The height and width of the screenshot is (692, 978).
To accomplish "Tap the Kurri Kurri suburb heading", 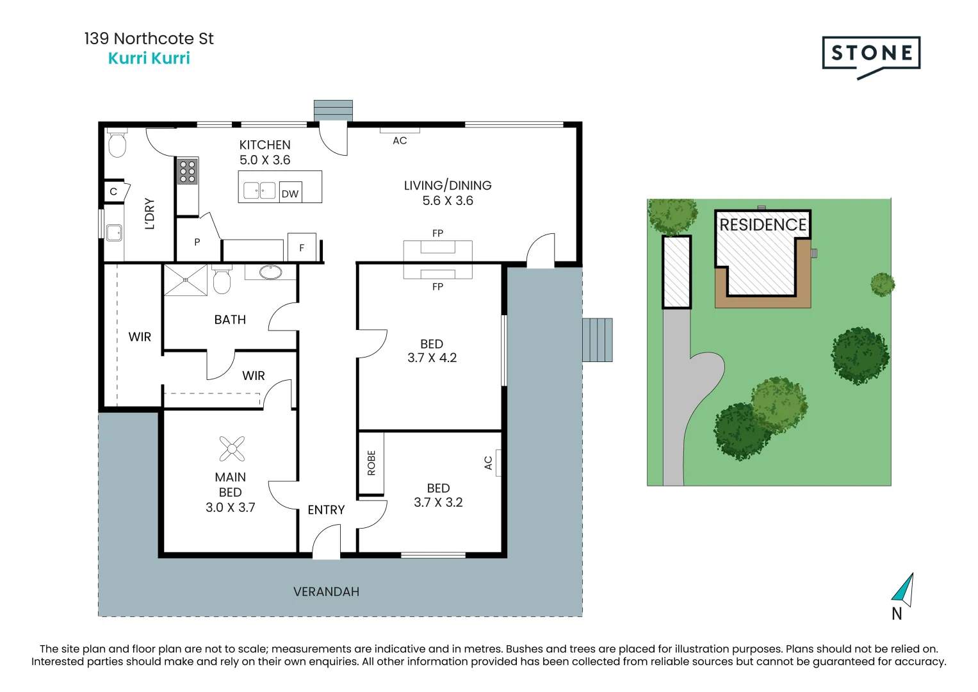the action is click(149, 58).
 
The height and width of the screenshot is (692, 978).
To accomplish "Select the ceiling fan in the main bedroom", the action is click(232, 449).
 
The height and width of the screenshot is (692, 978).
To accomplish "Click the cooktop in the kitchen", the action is click(187, 171).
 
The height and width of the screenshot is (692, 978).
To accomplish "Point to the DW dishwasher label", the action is click(290, 194).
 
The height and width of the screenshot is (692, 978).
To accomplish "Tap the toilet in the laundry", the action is click(117, 143).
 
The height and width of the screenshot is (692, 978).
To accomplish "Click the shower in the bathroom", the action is click(186, 280).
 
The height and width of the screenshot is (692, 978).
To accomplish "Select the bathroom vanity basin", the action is click(271, 272).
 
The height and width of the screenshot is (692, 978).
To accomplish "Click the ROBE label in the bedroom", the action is click(371, 463).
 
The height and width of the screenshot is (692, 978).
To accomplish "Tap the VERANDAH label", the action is click(326, 591).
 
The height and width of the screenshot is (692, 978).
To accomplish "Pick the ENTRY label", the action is click(326, 510).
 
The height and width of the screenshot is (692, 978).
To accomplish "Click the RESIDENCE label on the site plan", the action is click(763, 225).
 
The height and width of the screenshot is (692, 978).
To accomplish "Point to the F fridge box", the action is click(302, 247).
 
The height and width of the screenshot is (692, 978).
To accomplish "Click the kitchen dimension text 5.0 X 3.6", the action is click(265, 160).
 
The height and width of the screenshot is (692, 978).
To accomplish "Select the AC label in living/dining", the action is click(400, 141).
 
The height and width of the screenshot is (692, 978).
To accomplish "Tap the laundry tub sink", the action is click(115, 233).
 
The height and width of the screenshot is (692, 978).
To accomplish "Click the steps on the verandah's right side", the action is click(598, 340).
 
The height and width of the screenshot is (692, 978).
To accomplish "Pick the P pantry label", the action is click(197, 242).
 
